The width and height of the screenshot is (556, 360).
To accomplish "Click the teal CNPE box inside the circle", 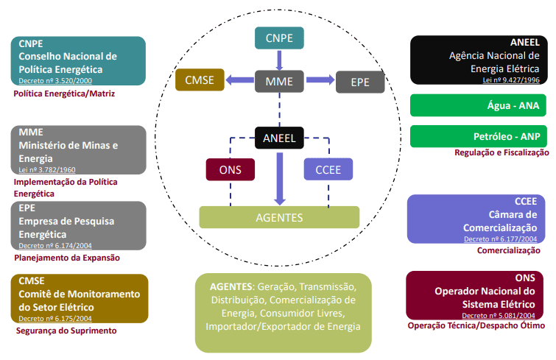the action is [x=279, y=38].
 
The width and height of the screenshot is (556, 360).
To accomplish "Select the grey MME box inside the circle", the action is [x=279, y=81].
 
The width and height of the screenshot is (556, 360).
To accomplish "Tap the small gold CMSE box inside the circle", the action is [x=200, y=80].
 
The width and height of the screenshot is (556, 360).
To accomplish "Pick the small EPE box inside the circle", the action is [x=360, y=82].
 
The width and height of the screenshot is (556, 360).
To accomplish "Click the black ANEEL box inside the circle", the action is [x=279, y=138].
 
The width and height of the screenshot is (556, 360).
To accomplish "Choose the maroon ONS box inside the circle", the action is [x=230, y=170].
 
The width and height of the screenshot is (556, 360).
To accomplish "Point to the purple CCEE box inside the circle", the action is [x=328, y=169].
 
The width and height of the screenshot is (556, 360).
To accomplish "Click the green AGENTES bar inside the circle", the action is [x=279, y=217].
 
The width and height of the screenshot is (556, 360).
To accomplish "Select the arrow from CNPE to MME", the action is [x=279, y=60].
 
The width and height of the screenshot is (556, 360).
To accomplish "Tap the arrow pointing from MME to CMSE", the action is [x=239, y=80].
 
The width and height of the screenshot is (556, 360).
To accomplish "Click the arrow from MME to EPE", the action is [x=320, y=80].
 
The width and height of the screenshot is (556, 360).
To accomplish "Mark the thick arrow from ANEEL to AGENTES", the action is [x=280, y=179].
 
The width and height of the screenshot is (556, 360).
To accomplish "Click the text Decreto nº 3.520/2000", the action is [x=55, y=81].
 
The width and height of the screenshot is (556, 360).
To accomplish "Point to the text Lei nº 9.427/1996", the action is [x=511, y=80].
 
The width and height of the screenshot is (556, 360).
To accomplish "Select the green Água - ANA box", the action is [x=478, y=105].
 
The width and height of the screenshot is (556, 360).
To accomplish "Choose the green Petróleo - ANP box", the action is [x=479, y=136].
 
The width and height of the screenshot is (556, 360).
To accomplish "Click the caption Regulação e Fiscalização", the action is [x=502, y=152].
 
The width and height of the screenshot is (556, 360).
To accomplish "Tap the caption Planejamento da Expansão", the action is [x=67, y=258].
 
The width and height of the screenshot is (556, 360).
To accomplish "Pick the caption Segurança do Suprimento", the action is [x=66, y=331].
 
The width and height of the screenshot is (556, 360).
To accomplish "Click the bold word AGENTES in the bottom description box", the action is [x=231, y=286].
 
